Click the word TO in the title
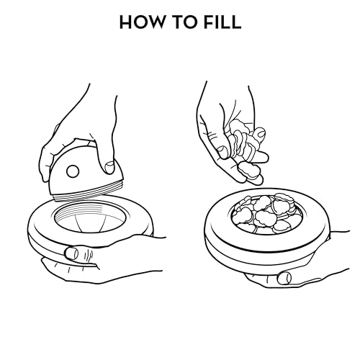(x=184, y=22)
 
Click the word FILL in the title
(x=222, y=22)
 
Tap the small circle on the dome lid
(x=73, y=171)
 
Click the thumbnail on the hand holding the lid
(x=110, y=167)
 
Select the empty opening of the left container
(x=90, y=217)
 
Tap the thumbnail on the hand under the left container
(x=72, y=253)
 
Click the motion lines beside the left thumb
(x=89, y=256)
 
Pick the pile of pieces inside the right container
(x=266, y=215)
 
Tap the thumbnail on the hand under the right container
(x=284, y=278)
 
